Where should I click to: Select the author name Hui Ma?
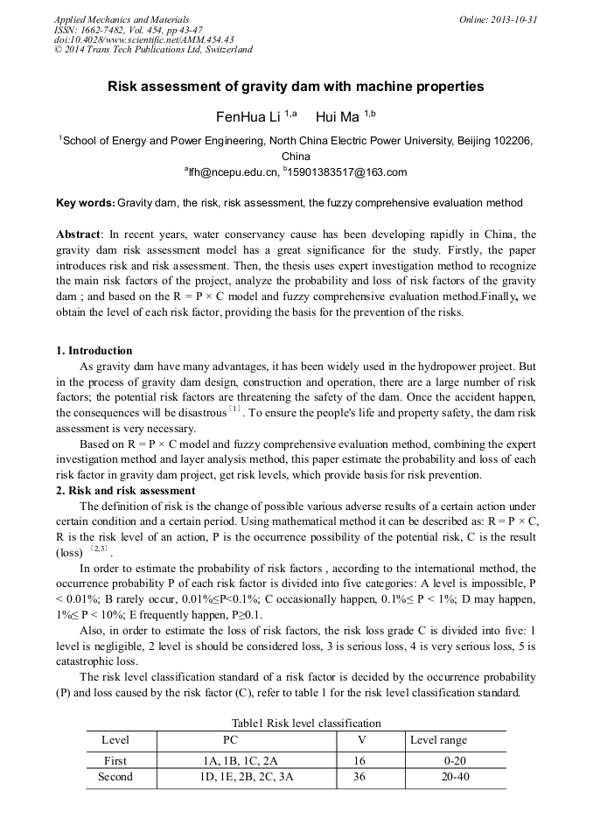338,116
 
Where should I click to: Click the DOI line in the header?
143,39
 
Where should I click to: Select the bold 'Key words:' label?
85,203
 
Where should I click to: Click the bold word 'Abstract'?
79,234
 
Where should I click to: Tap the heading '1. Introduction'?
94,351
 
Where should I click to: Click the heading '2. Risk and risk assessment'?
125,491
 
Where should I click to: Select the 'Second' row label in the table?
115,776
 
